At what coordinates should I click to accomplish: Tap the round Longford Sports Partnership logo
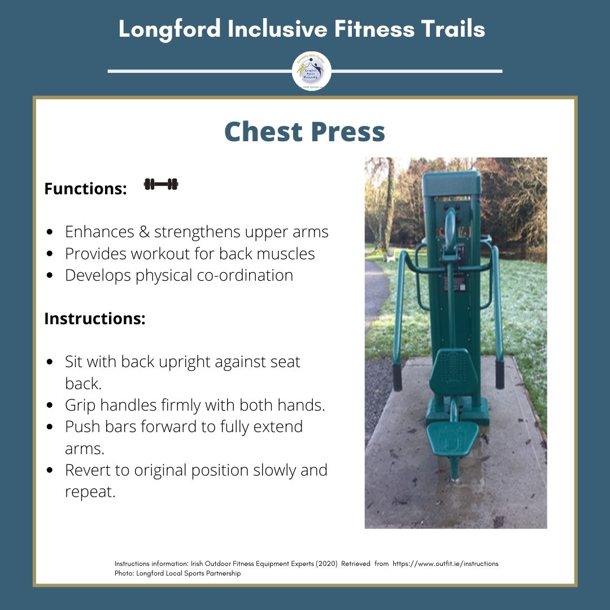click(311, 72)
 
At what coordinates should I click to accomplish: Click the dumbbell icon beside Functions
click(161, 184)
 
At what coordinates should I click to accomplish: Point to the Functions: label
click(85, 189)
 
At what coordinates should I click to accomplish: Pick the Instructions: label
click(95, 319)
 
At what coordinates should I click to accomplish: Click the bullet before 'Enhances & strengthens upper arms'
click(51, 232)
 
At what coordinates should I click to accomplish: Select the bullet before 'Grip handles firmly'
click(51, 406)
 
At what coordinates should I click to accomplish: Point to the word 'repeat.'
click(90, 491)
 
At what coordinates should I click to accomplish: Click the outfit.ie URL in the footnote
click(446, 564)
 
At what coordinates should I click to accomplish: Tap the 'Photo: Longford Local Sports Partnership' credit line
click(177, 573)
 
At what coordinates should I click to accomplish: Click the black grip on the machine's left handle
click(398, 377)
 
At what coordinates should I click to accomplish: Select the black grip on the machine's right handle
click(499, 374)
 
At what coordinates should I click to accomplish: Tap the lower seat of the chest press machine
click(452, 438)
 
